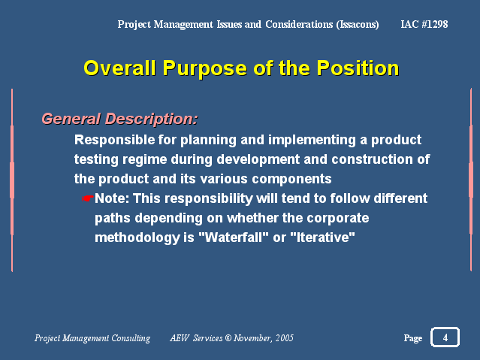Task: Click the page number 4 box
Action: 445,337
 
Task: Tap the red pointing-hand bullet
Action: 88,198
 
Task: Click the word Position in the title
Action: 358,68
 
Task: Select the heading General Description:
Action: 119,119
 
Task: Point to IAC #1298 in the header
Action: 424,24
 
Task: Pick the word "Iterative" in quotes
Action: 322,237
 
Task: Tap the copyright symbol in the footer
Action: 228,338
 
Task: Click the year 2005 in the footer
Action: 285,338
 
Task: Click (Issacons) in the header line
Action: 358,25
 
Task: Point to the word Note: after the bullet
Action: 112,198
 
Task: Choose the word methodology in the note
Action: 137,237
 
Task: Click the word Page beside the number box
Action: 413,338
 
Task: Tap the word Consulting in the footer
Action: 131,338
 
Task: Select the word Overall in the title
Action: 119,68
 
